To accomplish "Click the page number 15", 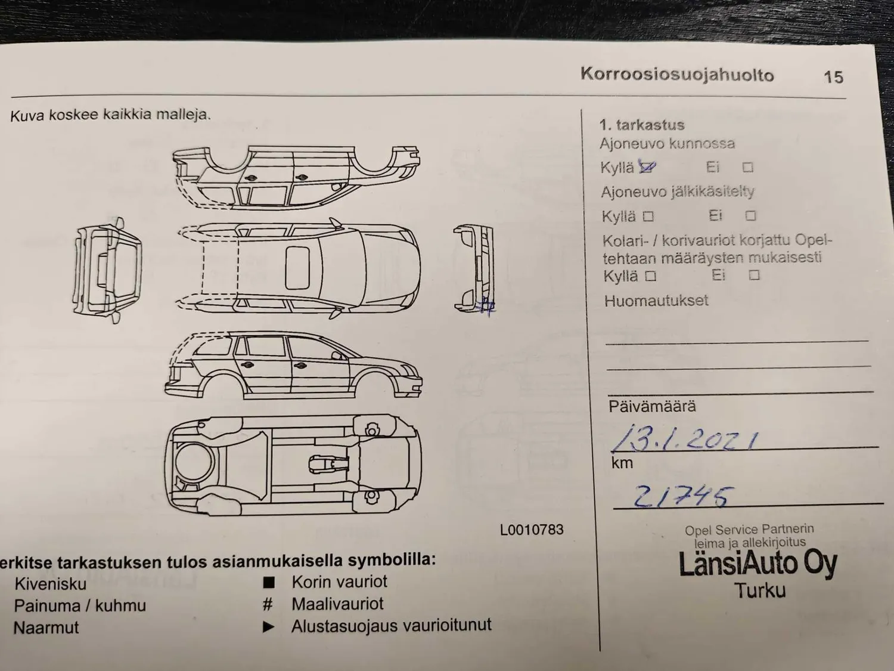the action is pyautogui.click(x=833, y=77).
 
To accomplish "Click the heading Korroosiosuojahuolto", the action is pyautogui.click(x=677, y=75).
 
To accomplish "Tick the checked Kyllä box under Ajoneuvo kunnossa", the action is pyautogui.click(x=647, y=166).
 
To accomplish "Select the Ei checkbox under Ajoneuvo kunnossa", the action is pyautogui.click(x=748, y=167).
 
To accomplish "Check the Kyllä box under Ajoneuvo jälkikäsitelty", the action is pyautogui.click(x=648, y=217).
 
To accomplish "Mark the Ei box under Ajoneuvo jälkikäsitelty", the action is pyautogui.click(x=750, y=215).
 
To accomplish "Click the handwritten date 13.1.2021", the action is pyautogui.click(x=685, y=438).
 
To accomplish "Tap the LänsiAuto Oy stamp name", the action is pyautogui.click(x=758, y=564).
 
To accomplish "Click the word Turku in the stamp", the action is pyautogui.click(x=760, y=590).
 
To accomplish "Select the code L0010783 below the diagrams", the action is pyautogui.click(x=532, y=530).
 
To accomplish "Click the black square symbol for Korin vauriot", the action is pyautogui.click(x=269, y=583).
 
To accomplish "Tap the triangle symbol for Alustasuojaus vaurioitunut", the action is pyautogui.click(x=268, y=627).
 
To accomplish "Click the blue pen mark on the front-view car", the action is pyautogui.click(x=486, y=306).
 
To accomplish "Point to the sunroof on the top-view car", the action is pyautogui.click(x=297, y=268).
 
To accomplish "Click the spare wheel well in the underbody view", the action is pyautogui.click(x=194, y=462).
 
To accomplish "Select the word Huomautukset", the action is pyautogui.click(x=656, y=301).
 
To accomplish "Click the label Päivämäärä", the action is pyautogui.click(x=652, y=407).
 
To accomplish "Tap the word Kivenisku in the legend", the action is pyautogui.click(x=51, y=585).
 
